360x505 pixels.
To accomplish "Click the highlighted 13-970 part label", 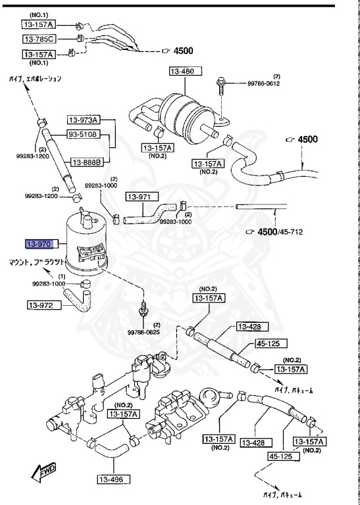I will point(38,245).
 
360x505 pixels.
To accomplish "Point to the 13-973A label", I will point(83,120).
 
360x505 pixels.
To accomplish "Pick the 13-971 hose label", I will point(139,196).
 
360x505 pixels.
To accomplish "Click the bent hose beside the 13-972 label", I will point(83,299).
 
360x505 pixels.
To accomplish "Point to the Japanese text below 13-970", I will point(37,262).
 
